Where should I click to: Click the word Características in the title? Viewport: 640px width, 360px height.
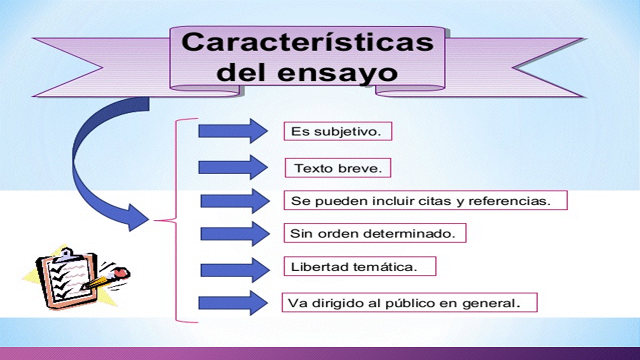point(307,42)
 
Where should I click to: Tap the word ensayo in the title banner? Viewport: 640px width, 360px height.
point(337,73)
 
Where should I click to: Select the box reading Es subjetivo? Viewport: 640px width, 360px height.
point(337,131)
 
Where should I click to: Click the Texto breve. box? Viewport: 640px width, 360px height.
point(337,167)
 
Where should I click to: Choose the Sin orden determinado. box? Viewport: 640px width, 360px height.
point(375,233)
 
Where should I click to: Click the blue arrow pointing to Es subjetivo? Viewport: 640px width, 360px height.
point(233,131)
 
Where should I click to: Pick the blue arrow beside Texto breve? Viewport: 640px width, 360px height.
point(233,167)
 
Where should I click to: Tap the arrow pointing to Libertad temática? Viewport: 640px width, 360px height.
point(235,270)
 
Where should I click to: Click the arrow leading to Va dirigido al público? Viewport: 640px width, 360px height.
point(233,303)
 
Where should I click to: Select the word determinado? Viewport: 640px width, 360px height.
point(409,233)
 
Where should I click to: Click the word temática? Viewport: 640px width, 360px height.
point(385,267)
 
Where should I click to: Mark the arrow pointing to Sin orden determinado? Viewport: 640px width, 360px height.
point(235,233)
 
